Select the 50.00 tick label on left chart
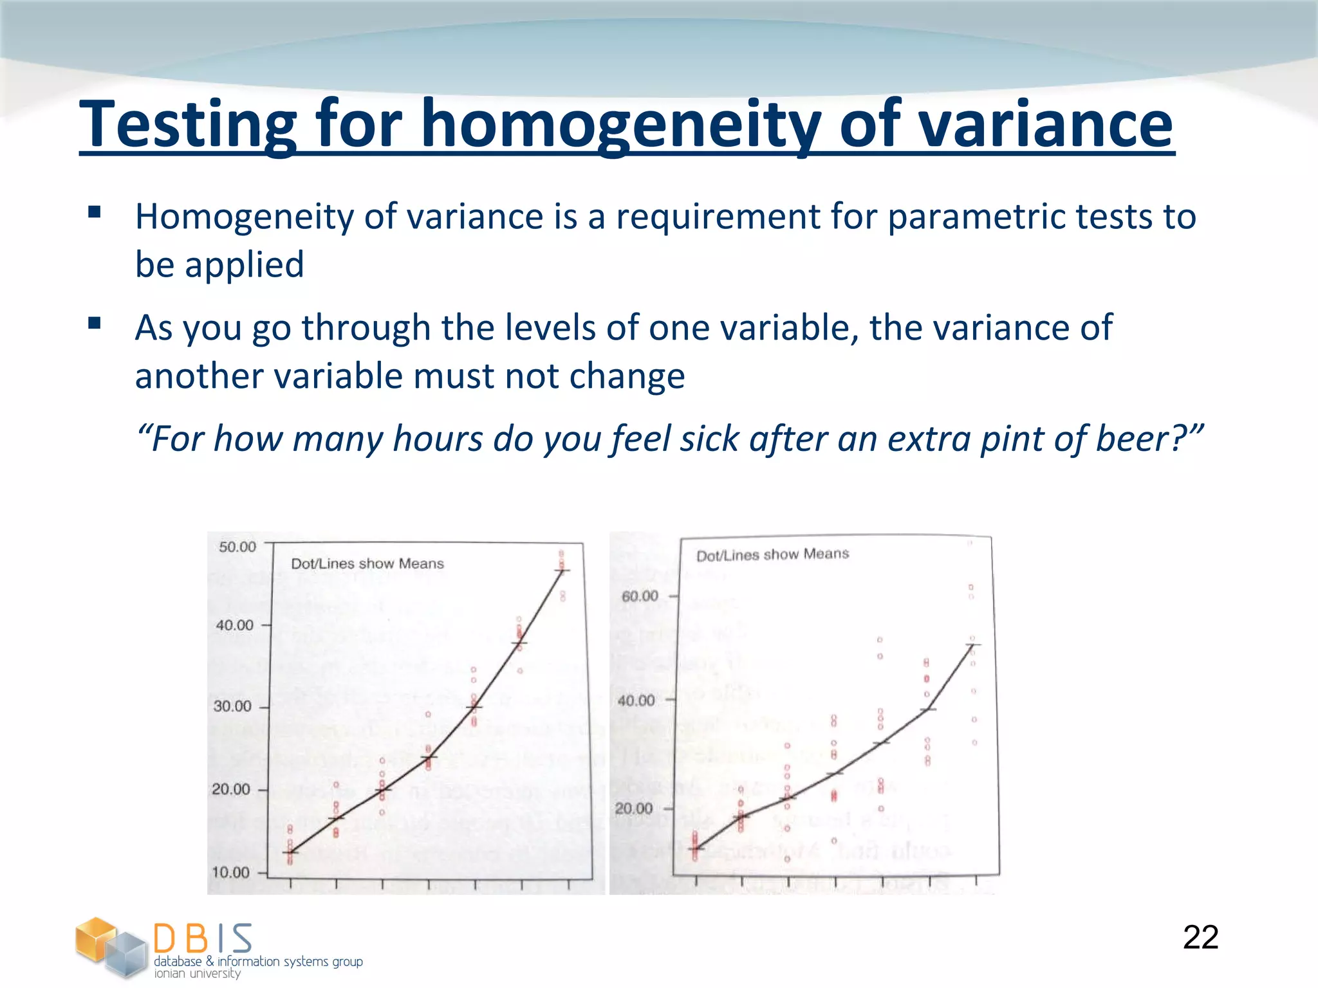[x=237, y=547]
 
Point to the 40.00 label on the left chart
[x=235, y=625]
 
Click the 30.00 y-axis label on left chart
[x=232, y=706]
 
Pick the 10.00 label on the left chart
[x=230, y=872]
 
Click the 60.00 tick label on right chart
[x=640, y=596]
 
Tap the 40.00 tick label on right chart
[x=636, y=700]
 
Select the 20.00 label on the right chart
[x=634, y=809]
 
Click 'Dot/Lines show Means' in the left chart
[x=367, y=564]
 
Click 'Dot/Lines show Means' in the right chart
[x=772, y=554]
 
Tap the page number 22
[x=1200, y=938]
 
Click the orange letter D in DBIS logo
[x=165, y=938]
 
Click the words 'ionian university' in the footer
[x=197, y=973]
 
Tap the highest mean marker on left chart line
[x=562, y=571]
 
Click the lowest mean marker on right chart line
[x=696, y=849]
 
